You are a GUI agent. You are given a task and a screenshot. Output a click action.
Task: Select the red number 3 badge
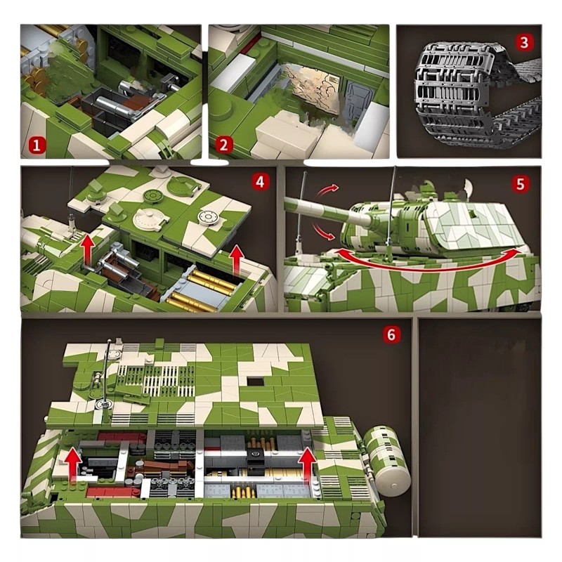tap(524, 43)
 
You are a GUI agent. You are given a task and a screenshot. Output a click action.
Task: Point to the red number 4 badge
tap(261, 183)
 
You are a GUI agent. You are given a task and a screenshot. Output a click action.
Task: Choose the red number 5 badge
tap(520, 184)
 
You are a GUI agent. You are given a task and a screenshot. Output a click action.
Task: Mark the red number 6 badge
tap(391, 334)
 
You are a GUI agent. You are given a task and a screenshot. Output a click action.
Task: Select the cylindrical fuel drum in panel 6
tap(388, 459)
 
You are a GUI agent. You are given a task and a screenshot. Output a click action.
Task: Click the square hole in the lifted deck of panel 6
tap(256, 381)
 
